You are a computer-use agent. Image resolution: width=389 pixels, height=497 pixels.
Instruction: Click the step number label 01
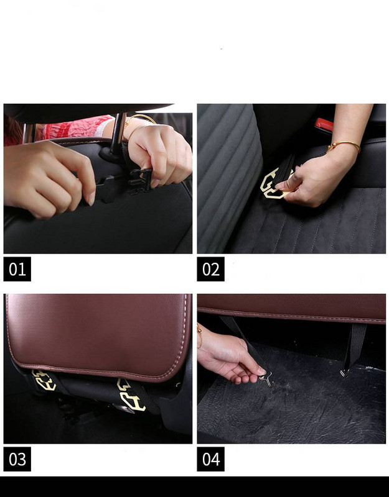(17, 269)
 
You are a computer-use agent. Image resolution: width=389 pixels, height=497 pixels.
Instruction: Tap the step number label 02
(210, 269)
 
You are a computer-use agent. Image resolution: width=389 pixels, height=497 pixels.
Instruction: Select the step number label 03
(17, 459)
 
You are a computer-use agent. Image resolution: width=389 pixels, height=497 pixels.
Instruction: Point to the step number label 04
(210, 459)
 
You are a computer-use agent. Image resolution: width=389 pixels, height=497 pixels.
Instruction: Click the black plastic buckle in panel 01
(139, 181)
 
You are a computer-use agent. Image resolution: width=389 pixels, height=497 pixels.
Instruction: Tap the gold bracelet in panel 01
(139, 122)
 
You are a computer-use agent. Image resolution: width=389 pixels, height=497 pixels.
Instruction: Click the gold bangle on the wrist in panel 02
(344, 145)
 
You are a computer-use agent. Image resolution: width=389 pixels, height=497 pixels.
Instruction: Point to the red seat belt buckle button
(324, 125)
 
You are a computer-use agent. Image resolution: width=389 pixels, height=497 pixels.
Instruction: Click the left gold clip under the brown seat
(44, 380)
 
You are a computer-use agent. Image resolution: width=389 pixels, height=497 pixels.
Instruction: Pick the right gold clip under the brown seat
(131, 395)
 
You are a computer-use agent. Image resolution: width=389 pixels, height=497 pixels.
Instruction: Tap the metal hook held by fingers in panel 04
(267, 380)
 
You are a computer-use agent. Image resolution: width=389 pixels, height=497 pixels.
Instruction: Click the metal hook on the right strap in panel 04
(344, 373)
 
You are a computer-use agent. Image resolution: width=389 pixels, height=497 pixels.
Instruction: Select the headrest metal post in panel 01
(118, 134)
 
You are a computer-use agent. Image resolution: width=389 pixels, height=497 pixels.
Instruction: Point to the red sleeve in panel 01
(77, 127)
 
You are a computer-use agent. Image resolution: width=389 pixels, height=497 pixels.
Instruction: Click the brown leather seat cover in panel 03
(99, 336)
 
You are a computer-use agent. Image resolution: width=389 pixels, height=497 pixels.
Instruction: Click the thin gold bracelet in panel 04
(200, 337)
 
